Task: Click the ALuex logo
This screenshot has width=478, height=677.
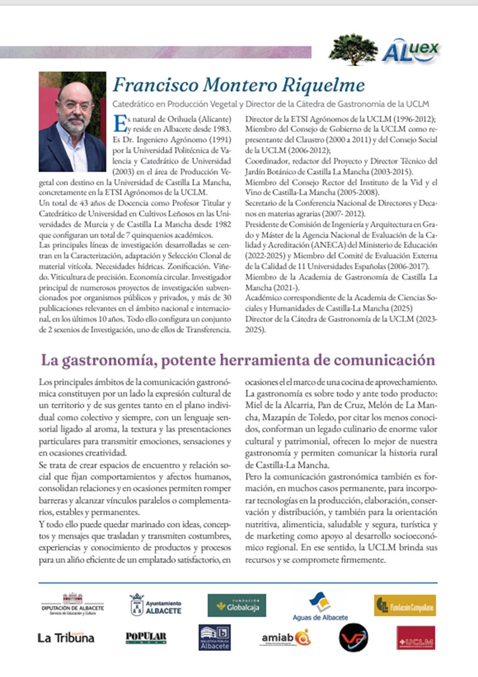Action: [x=410, y=51]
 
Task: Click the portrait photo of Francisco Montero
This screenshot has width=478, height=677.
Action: [x=72, y=122]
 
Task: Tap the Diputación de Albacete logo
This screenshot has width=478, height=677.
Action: [x=72, y=604]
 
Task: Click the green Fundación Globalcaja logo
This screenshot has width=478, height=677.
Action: [x=237, y=605]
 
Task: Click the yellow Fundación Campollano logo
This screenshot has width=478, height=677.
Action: [x=405, y=605]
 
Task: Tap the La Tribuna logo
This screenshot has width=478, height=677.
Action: [x=66, y=638]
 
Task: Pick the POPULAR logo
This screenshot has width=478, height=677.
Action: [x=146, y=638]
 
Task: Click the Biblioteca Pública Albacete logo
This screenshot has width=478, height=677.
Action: [x=215, y=638]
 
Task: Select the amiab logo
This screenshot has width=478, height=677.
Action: [x=286, y=638]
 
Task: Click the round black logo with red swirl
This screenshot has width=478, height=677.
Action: [x=353, y=638]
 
